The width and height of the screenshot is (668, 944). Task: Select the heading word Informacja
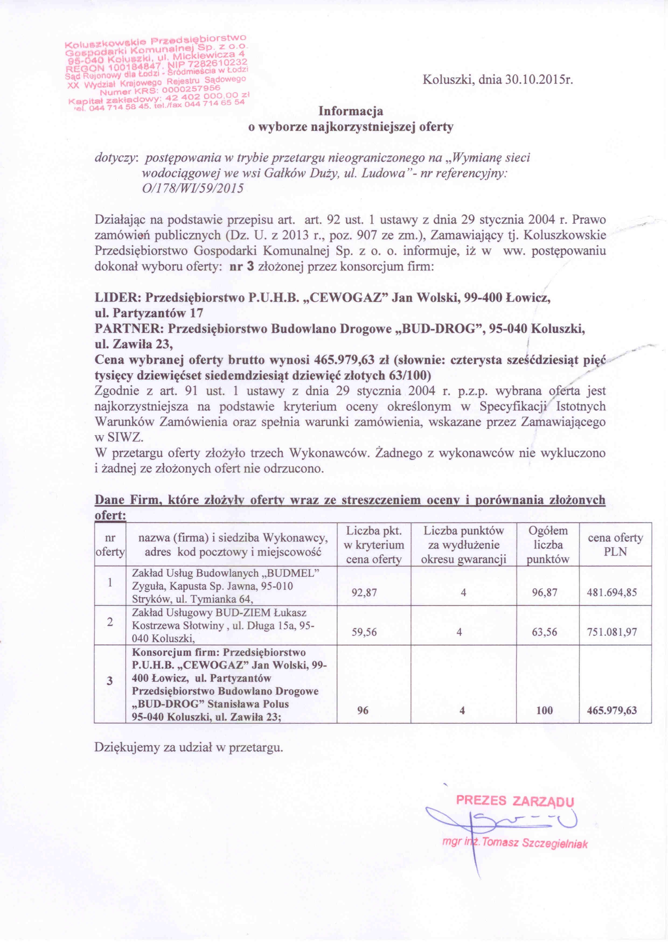coord(351,111)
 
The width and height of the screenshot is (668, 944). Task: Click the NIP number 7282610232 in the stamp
coord(217,64)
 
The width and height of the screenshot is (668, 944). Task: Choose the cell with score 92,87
coord(364,592)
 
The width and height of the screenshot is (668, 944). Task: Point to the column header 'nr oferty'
coord(110,544)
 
